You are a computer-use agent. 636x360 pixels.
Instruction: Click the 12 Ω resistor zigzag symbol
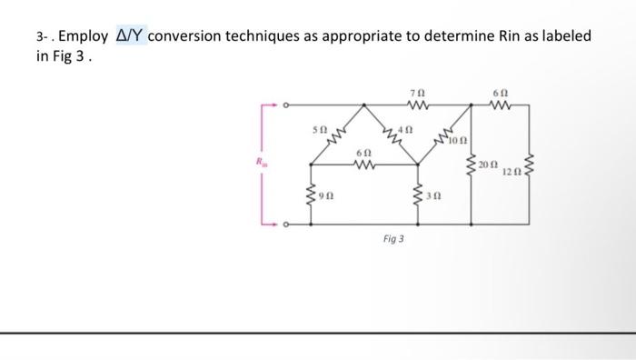[530, 165]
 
